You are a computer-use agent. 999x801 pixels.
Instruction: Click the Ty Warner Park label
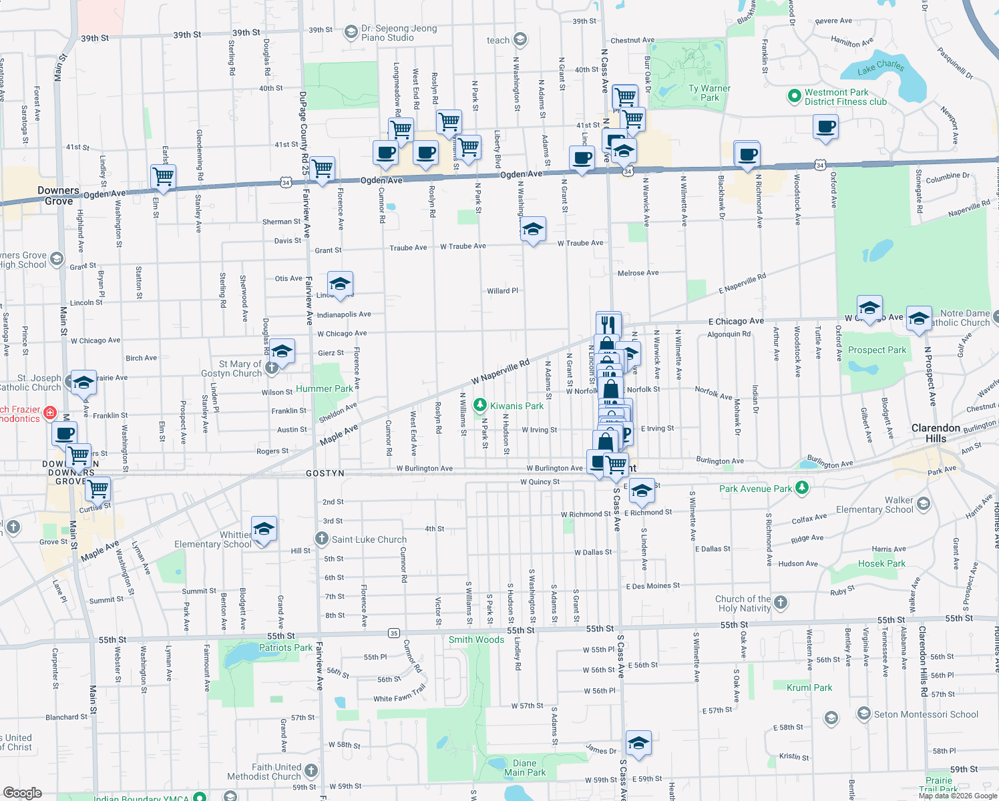tap(709, 93)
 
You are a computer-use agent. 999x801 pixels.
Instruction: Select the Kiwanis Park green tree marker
tap(479, 406)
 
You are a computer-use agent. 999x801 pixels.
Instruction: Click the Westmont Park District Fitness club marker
tap(794, 96)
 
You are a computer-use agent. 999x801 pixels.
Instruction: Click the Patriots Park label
tap(285, 647)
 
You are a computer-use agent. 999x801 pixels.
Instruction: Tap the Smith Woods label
tap(476, 639)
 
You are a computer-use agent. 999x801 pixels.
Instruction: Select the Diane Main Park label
tap(525, 768)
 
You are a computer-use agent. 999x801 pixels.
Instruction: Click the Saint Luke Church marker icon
tap(322, 539)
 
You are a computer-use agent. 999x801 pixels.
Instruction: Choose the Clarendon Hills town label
tap(936, 433)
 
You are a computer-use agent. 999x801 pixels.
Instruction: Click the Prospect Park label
tap(877, 350)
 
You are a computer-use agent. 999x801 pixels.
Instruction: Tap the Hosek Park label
tap(881, 563)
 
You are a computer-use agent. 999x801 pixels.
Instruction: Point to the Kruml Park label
tap(809, 688)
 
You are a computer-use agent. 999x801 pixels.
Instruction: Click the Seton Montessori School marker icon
tap(863, 714)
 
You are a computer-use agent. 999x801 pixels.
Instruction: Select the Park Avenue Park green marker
tap(802, 488)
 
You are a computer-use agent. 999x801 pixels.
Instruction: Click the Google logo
tap(22, 792)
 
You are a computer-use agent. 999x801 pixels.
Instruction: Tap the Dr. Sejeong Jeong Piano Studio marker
tap(351, 32)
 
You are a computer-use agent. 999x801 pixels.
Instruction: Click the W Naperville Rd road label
tap(500, 372)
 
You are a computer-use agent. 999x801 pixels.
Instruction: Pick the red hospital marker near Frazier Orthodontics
tap(49, 414)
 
